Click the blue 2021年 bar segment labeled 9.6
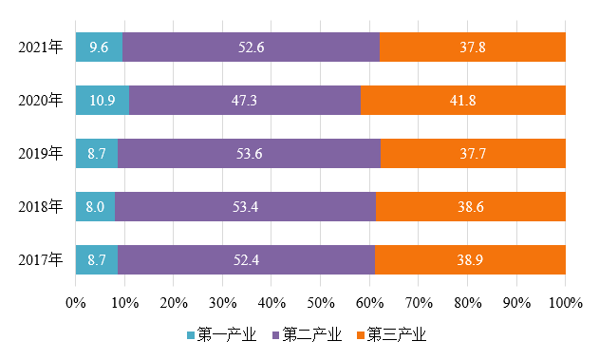(x=99, y=47)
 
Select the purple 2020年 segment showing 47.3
(x=245, y=100)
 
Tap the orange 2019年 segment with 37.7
(x=473, y=153)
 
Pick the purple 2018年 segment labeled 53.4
(x=245, y=206)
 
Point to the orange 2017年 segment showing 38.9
(x=470, y=259)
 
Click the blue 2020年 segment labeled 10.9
(x=103, y=100)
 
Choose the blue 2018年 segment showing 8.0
(x=95, y=206)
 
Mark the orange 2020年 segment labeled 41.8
(x=463, y=100)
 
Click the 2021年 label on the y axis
(x=41, y=47)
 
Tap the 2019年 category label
(x=41, y=153)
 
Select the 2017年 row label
(x=41, y=259)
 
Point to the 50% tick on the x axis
(x=321, y=303)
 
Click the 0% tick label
(x=76, y=303)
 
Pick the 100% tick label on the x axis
(x=566, y=303)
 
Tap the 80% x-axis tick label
(x=468, y=303)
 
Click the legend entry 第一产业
(x=221, y=334)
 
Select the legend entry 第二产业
(x=307, y=334)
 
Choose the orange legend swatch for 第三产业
(x=361, y=335)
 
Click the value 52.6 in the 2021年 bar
(x=251, y=47)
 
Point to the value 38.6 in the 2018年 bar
(x=471, y=206)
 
